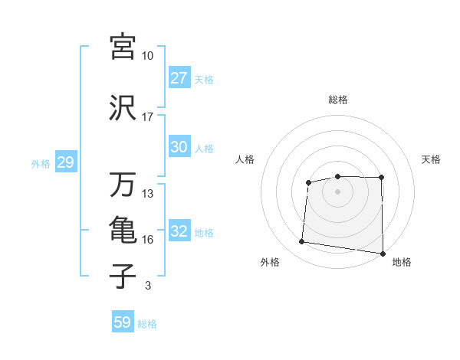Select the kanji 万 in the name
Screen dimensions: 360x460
[x=123, y=185]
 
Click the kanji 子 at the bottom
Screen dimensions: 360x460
[x=123, y=277]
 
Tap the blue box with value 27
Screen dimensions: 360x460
[x=179, y=78]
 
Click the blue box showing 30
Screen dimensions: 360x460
[x=179, y=148]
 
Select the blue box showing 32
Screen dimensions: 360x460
[x=179, y=232]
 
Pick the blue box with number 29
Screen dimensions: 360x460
[x=65, y=163]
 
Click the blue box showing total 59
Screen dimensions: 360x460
[x=123, y=322]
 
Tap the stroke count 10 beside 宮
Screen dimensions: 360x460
[x=147, y=56]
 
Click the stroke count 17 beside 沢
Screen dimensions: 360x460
[x=147, y=117]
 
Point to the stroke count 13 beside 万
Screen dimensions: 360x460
[x=147, y=194]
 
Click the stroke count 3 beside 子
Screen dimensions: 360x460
[x=147, y=286]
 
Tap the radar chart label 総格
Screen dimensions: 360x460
[x=338, y=100]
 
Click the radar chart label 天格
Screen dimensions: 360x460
[x=432, y=159]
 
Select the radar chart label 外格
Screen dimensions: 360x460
[x=270, y=262]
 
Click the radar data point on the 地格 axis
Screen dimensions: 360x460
[x=383, y=254]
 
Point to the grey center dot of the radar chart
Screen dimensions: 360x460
[x=338, y=190]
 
